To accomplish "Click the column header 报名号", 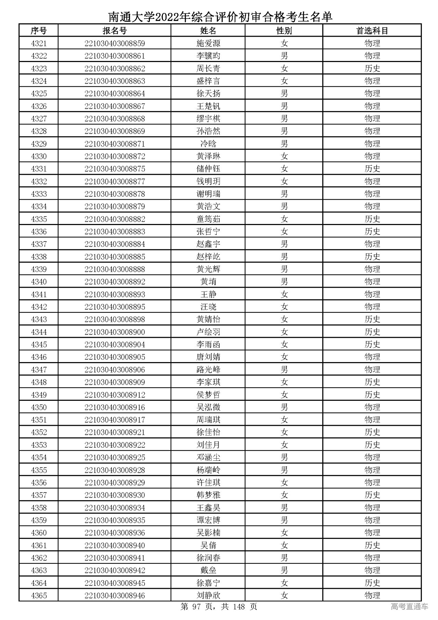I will (115, 31).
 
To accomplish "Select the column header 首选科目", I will (372, 31).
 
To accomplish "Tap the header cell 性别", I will (284, 31).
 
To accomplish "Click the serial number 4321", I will (39, 44).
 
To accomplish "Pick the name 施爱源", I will (208, 44).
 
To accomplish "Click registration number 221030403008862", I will (115, 69).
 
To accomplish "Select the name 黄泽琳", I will (208, 157).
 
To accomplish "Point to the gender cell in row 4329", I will (284, 144).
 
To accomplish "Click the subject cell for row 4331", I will (372, 169).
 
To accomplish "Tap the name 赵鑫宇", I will (208, 244).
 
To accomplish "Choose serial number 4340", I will (39, 282).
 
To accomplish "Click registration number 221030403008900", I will (115, 332).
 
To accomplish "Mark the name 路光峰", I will (208, 370).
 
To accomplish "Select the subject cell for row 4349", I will (372, 395).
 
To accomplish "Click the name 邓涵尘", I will (208, 457).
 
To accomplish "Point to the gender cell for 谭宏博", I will (284, 520).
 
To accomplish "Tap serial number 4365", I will (39, 595).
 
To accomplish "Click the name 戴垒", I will (208, 570).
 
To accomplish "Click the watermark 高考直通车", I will (409, 607).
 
